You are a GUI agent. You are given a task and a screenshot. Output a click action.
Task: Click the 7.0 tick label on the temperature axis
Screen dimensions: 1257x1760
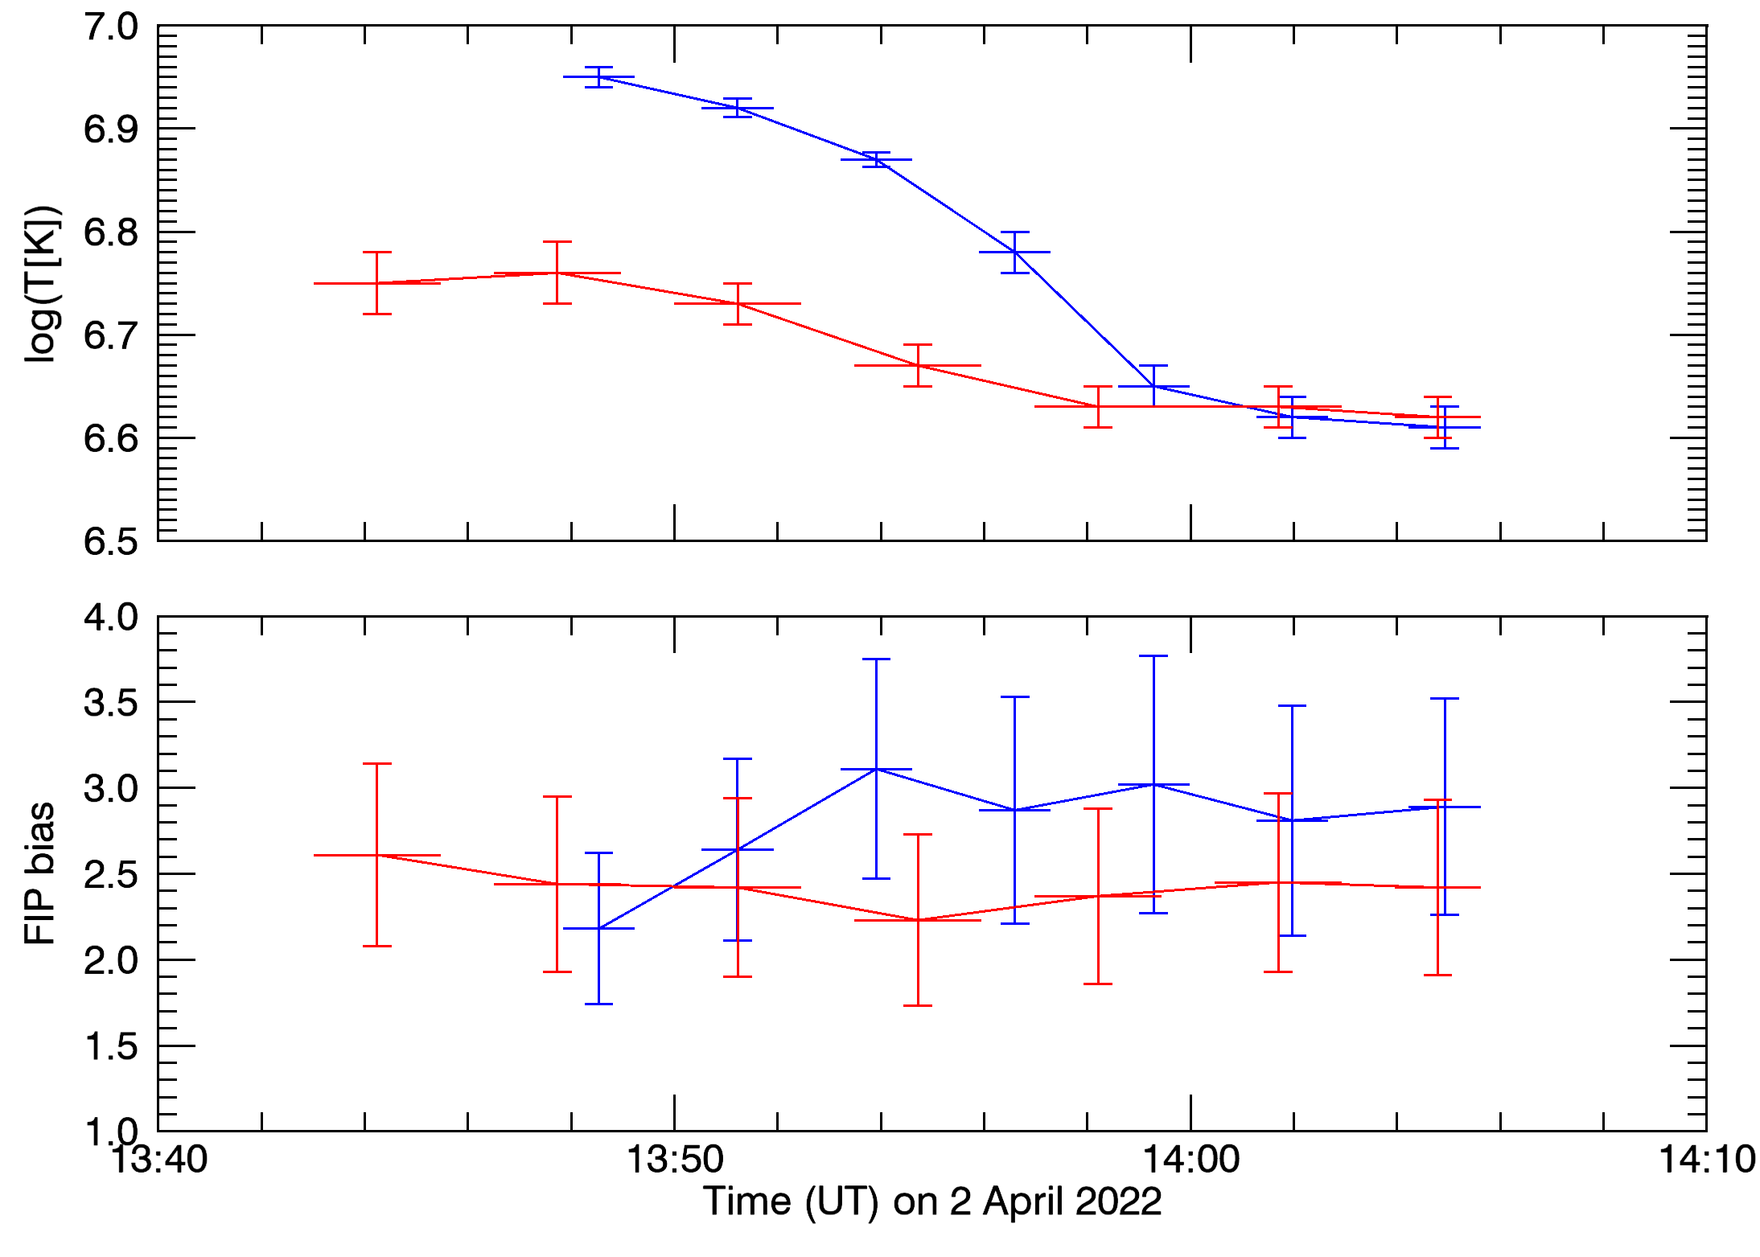click(x=111, y=27)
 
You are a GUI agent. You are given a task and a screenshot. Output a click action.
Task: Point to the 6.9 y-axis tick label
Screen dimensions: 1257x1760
click(x=111, y=129)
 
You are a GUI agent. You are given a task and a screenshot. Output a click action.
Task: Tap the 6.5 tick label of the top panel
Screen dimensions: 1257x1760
click(x=111, y=542)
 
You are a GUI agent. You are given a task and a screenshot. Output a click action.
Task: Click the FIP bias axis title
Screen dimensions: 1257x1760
click(x=40, y=873)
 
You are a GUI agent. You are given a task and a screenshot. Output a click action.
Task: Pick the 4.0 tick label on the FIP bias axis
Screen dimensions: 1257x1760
click(x=111, y=618)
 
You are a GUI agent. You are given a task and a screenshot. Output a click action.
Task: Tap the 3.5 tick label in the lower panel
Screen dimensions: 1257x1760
click(x=111, y=704)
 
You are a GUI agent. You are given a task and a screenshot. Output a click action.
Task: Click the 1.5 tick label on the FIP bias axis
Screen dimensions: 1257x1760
click(x=111, y=1047)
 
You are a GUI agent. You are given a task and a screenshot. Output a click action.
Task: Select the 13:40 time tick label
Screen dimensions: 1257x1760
click(x=158, y=1160)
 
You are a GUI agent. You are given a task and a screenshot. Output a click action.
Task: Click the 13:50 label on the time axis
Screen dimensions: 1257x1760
click(x=675, y=1160)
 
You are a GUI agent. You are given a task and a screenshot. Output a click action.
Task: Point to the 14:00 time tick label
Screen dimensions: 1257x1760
click(x=1191, y=1160)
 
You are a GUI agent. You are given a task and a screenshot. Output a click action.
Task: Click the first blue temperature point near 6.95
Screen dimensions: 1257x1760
click(x=598, y=77)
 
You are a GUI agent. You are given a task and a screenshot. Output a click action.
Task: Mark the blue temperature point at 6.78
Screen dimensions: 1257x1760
click(x=1015, y=253)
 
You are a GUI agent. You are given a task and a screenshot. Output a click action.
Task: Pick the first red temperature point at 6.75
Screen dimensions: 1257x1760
click(x=376, y=283)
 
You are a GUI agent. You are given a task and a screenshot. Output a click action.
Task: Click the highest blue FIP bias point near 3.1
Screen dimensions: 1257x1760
click(x=876, y=769)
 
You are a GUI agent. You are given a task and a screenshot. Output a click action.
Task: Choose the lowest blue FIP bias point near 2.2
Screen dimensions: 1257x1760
click(x=598, y=928)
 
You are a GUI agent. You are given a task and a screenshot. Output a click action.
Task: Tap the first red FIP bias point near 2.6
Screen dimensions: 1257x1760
click(x=376, y=855)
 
